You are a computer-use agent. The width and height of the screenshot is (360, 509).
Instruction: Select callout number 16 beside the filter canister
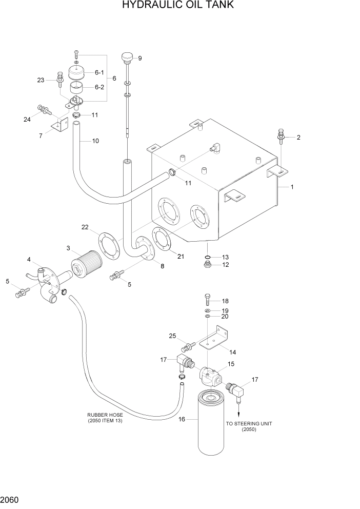pyautogui.click(x=181, y=419)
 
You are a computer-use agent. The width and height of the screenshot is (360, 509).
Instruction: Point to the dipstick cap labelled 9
pyautogui.click(x=127, y=57)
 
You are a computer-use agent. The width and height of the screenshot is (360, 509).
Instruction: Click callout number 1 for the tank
pyautogui.click(x=292, y=187)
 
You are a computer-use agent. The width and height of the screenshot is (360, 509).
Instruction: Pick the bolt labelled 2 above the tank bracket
pyautogui.click(x=282, y=135)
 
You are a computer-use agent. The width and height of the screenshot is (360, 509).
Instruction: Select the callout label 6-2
pyautogui.click(x=99, y=87)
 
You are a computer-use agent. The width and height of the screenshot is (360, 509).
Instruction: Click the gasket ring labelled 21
pyautogui.click(x=161, y=240)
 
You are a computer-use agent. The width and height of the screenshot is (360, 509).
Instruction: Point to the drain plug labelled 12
pyautogui.click(x=208, y=265)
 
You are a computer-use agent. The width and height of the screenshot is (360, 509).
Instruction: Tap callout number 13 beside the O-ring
pyautogui.click(x=225, y=257)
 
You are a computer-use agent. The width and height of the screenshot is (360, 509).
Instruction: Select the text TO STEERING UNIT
pyautogui.click(x=249, y=423)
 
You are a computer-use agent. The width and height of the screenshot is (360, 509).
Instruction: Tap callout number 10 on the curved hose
pyautogui.click(x=95, y=141)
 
